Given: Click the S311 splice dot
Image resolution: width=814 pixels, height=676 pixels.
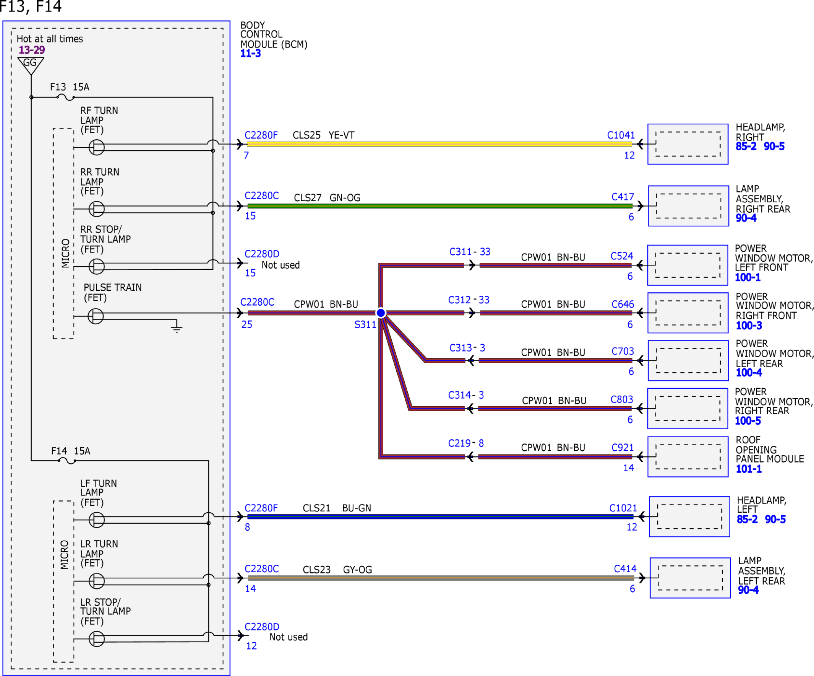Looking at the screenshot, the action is click(x=381, y=313).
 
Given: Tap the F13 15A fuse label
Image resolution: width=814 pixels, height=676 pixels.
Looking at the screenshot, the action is click(x=70, y=87).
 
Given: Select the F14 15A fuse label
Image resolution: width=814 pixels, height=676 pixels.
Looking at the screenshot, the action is click(x=71, y=451).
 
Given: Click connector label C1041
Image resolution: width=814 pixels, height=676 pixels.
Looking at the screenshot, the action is click(x=621, y=135).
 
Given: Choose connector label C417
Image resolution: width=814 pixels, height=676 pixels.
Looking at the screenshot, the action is click(x=623, y=197).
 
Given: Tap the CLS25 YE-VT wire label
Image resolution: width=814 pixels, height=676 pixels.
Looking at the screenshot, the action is click(x=324, y=135).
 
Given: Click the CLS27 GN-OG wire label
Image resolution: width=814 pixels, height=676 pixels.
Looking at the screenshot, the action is click(x=327, y=198).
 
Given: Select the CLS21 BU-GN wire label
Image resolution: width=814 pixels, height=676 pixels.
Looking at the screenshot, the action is click(x=337, y=508).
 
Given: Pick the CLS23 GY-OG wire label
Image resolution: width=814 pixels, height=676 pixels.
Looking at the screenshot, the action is click(x=337, y=570).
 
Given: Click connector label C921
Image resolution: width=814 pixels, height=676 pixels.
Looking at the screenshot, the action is click(x=623, y=448).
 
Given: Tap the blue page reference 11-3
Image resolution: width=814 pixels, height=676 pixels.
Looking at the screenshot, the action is click(x=250, y=54).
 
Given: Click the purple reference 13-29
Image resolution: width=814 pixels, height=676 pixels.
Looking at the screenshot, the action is click(x=32, y=50).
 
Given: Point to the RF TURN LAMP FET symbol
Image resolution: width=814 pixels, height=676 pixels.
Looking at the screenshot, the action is click(x=97, y=147).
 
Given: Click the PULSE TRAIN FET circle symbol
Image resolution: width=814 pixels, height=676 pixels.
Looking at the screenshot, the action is click(x=96, y=316).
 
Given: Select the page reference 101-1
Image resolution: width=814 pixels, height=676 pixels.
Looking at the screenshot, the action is click(x=749, y=469).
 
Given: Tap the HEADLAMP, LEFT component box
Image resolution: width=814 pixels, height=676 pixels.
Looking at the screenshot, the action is click(x=689, y=516).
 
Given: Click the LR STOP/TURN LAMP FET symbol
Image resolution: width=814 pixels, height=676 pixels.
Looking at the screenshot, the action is click(x=97, y=639).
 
